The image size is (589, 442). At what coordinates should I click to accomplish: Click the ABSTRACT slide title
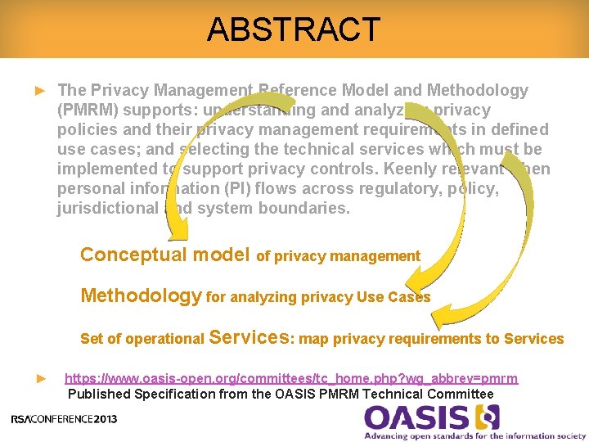pos(294,29)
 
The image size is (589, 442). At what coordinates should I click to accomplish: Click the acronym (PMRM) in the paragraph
pos(86,110)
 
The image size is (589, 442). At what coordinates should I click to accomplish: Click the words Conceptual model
pos(164,255)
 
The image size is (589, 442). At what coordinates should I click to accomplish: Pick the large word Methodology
pos(141,295)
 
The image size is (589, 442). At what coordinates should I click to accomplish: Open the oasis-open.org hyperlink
pos(290,378)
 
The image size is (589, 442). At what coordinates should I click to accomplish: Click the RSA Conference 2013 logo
pos(64,419)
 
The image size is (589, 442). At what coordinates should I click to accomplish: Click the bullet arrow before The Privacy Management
pos(39,91)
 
